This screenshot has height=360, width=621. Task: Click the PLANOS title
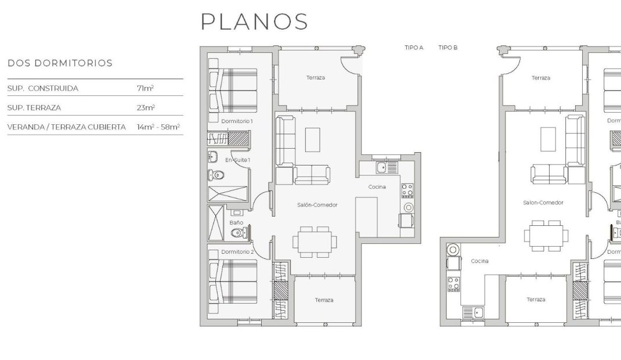tap(254, 21)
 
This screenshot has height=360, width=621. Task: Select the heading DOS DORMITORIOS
tap(60, 63)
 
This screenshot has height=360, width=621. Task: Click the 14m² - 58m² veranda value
tap(158, 127)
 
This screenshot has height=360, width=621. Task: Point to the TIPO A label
tap(414, 48)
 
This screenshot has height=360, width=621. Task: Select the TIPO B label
tap(448, 48)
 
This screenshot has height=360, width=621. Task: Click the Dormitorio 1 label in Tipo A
tap(237, 121)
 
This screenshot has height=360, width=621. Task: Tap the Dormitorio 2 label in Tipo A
tap(237, 252)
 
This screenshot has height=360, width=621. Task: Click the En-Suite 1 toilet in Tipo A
tap(216, 174)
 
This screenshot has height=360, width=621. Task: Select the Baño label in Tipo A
tap(236, 222)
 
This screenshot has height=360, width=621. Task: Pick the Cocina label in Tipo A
tap(377, 187)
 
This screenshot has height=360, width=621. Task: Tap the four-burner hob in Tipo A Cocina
tap(407, 191)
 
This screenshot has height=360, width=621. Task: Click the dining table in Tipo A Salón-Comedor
tap(316, 240)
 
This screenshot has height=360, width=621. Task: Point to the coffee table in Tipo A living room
tap(313, 139)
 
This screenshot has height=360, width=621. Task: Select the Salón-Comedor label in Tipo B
tap(543, 203)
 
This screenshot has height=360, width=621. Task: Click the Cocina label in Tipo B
tap(479, 261)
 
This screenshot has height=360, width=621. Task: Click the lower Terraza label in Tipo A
tap(324, 300)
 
